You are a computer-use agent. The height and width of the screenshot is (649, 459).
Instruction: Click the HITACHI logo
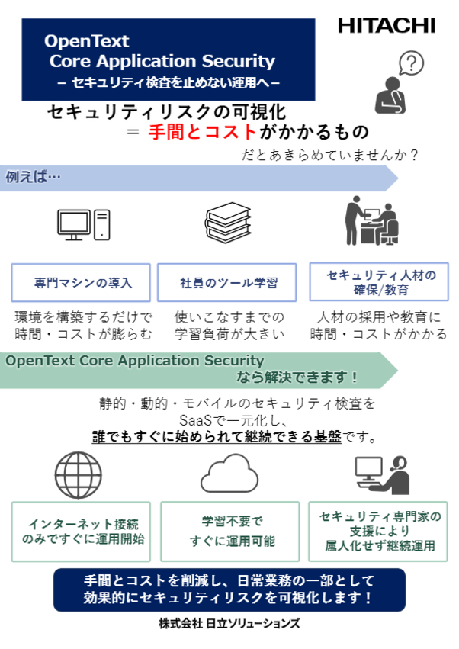click(x=387, y=26)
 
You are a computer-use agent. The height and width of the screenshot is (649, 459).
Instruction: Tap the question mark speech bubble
click(x=411, y=63)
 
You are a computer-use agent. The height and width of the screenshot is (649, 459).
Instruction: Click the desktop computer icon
click(x=84, y=225)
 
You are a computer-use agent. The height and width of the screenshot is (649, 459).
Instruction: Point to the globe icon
click(x=79, y=475)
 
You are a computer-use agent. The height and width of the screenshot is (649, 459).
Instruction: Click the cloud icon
click(x=230, y=474)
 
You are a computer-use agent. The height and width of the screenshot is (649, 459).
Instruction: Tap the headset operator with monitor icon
click(x=382, y=475)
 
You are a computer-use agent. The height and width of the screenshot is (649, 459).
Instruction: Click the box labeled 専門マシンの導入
click(x=81, y=283)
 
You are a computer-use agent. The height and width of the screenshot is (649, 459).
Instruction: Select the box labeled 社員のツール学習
click(x=227, y=283)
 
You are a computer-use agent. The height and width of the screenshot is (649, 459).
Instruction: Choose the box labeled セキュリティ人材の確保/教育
click(x=379, y=282)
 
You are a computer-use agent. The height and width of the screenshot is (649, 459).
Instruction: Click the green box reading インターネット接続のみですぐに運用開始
click(x=81, y=532)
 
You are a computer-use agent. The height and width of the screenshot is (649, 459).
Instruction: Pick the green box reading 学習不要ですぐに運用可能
click(x=230, y=532)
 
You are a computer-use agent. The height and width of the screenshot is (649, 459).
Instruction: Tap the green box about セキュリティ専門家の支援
click(x=378, y=532)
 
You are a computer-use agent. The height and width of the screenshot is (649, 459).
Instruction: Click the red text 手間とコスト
click(x=202, y=132)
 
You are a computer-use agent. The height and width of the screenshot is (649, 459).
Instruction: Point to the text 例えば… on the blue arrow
click(x=33, y=177)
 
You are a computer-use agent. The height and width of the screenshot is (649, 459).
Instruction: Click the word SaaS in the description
click(x=195, y=420)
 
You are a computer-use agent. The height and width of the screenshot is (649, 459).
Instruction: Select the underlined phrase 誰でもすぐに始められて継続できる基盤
click(x=217, y=437)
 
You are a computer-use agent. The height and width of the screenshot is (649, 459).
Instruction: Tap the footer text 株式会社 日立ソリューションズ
click(x=230, y=623)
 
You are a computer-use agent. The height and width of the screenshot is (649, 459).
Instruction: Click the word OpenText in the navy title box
click(x=86, y=41)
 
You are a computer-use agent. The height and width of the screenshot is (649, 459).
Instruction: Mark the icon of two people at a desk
click(x=372, y=220)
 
